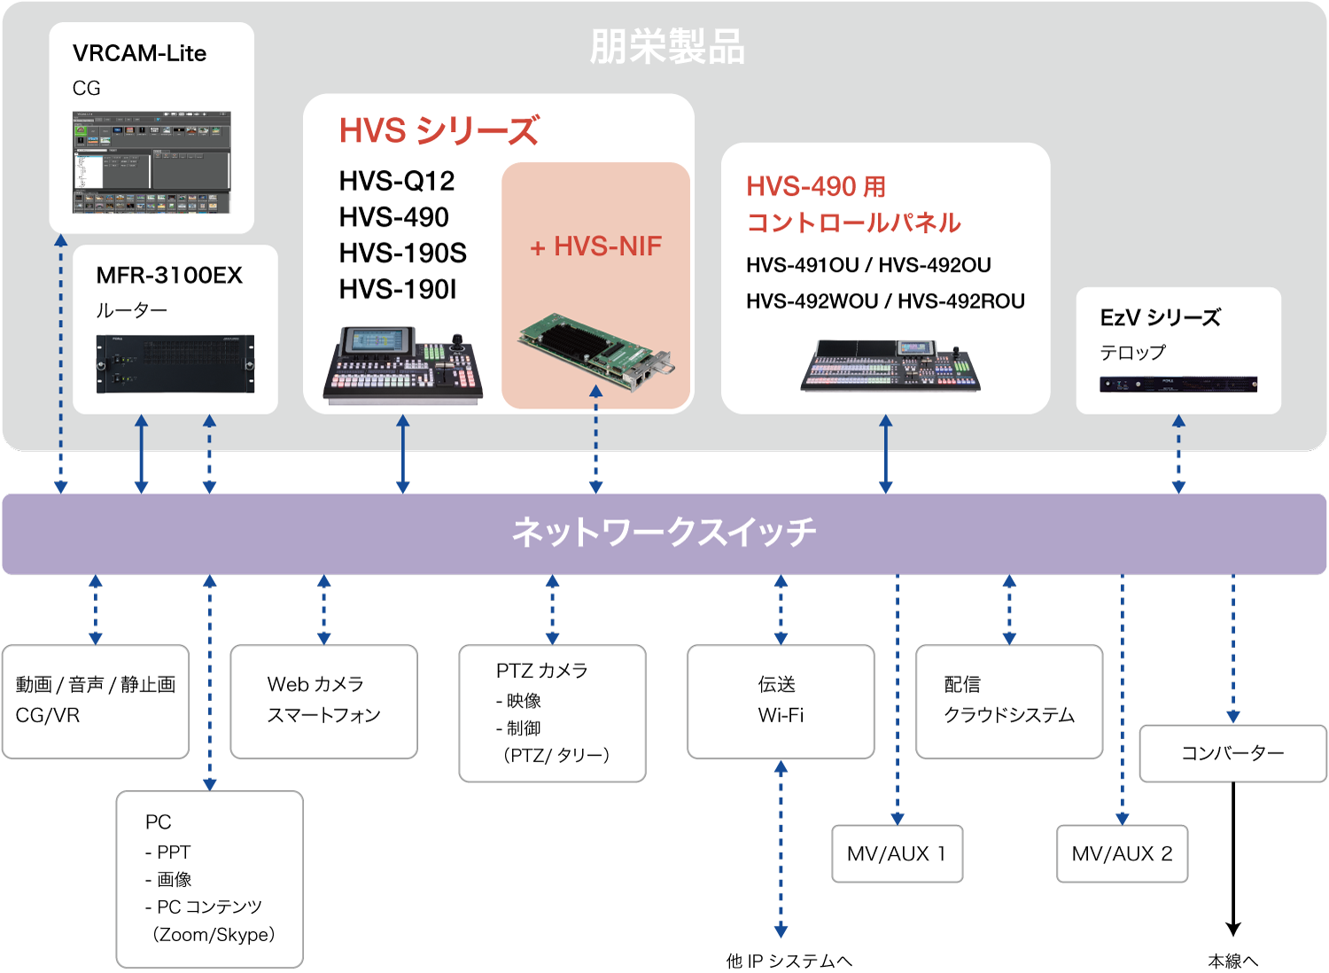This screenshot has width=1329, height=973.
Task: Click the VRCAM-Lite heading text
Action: (139, 53)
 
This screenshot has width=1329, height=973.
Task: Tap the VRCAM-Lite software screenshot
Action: (152, 161)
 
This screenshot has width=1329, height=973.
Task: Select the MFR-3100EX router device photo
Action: (175, 364)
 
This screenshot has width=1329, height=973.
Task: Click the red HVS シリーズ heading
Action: (439, 131)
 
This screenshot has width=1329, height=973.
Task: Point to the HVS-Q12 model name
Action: (396, 181)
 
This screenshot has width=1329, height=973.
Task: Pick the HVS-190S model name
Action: (402, 253)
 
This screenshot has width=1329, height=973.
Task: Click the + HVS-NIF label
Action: (595, 246)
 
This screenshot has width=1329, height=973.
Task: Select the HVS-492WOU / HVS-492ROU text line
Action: (885, 301)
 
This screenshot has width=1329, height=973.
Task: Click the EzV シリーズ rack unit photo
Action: (1178, 385)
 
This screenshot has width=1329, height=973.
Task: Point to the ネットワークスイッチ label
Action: (664, 533)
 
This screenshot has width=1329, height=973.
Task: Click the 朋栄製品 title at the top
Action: (666, 47)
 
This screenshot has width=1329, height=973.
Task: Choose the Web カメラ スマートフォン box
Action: (323, 701)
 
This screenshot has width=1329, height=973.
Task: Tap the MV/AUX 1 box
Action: (897, 853)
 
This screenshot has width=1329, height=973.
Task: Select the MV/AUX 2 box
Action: (1122, 853)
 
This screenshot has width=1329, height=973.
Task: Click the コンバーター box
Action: (1232, 753)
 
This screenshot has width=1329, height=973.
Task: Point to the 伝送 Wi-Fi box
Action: (781, 701)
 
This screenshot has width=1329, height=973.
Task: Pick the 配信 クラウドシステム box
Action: (1009, 701)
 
